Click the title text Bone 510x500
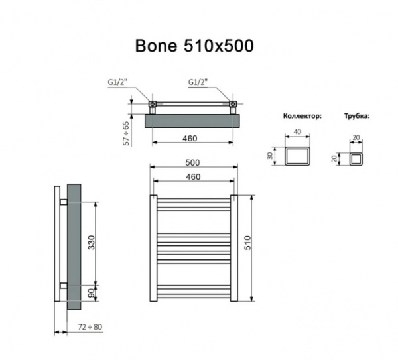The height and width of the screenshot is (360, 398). pos(194,46)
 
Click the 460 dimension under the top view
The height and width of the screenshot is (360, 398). pos(192,137)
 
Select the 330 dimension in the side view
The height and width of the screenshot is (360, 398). pos(91,243)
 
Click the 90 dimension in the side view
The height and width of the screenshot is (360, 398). pos(91,292)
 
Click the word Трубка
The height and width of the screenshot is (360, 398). pos(357,116)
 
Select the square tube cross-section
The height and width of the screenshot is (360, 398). pos(358,159)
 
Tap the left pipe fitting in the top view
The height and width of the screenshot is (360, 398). pos(152,104)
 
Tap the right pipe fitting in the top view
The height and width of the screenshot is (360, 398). pos(232,104)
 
